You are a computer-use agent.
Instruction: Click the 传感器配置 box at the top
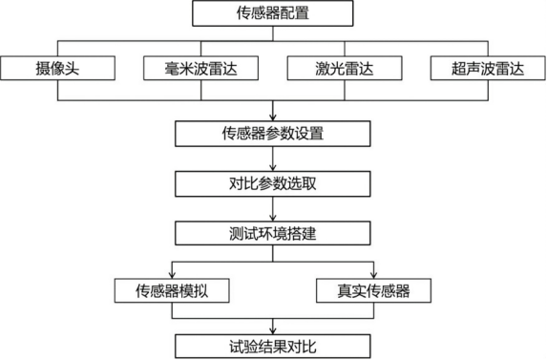tap(273, 14)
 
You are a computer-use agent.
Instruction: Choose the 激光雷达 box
tap(343, 69)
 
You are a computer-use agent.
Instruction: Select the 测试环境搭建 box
tap(273, 232)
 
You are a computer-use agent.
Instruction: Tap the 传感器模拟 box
tap(172, 289)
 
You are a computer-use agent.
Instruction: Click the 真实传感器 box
tap(373, 289)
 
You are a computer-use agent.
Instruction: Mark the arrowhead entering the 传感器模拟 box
tap(172, 273)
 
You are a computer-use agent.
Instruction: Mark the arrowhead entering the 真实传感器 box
tap(373, 273)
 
